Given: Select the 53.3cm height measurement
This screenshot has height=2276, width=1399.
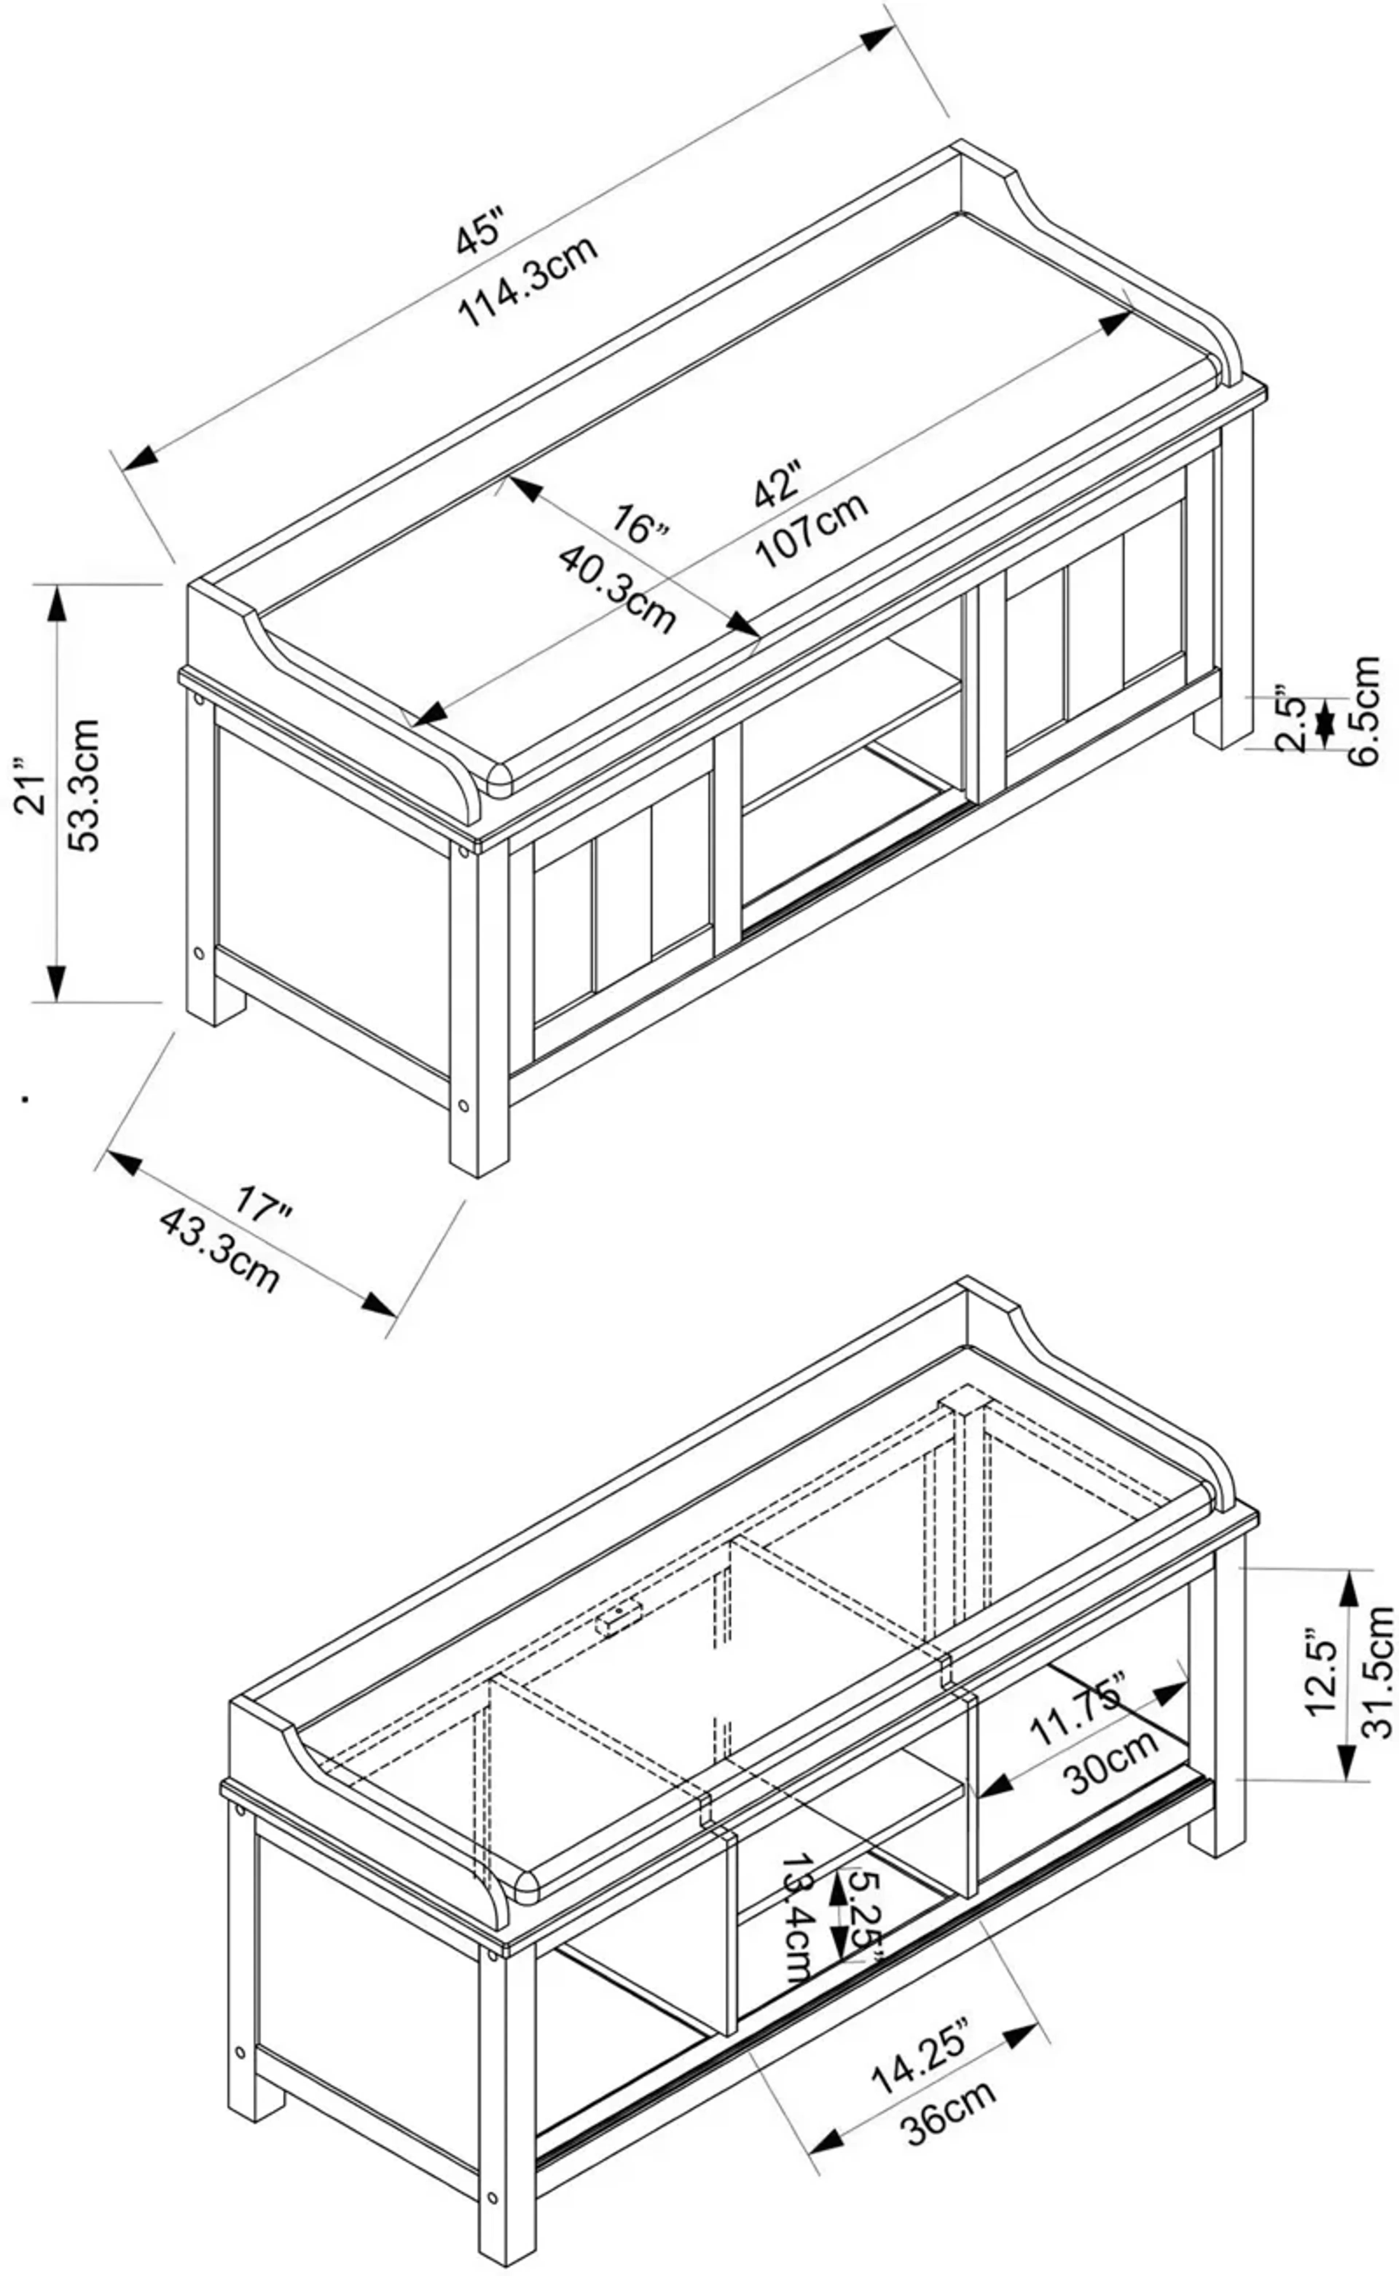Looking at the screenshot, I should pyautogui.click(x=85, y=784).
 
